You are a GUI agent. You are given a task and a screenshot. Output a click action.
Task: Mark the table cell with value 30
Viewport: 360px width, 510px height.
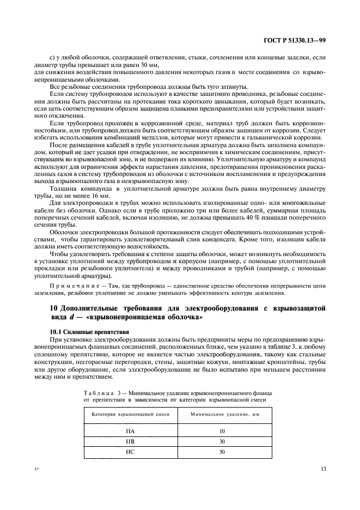click(x=222, y=441)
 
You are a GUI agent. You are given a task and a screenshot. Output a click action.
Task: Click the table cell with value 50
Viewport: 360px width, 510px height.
click(x=222, y=452)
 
